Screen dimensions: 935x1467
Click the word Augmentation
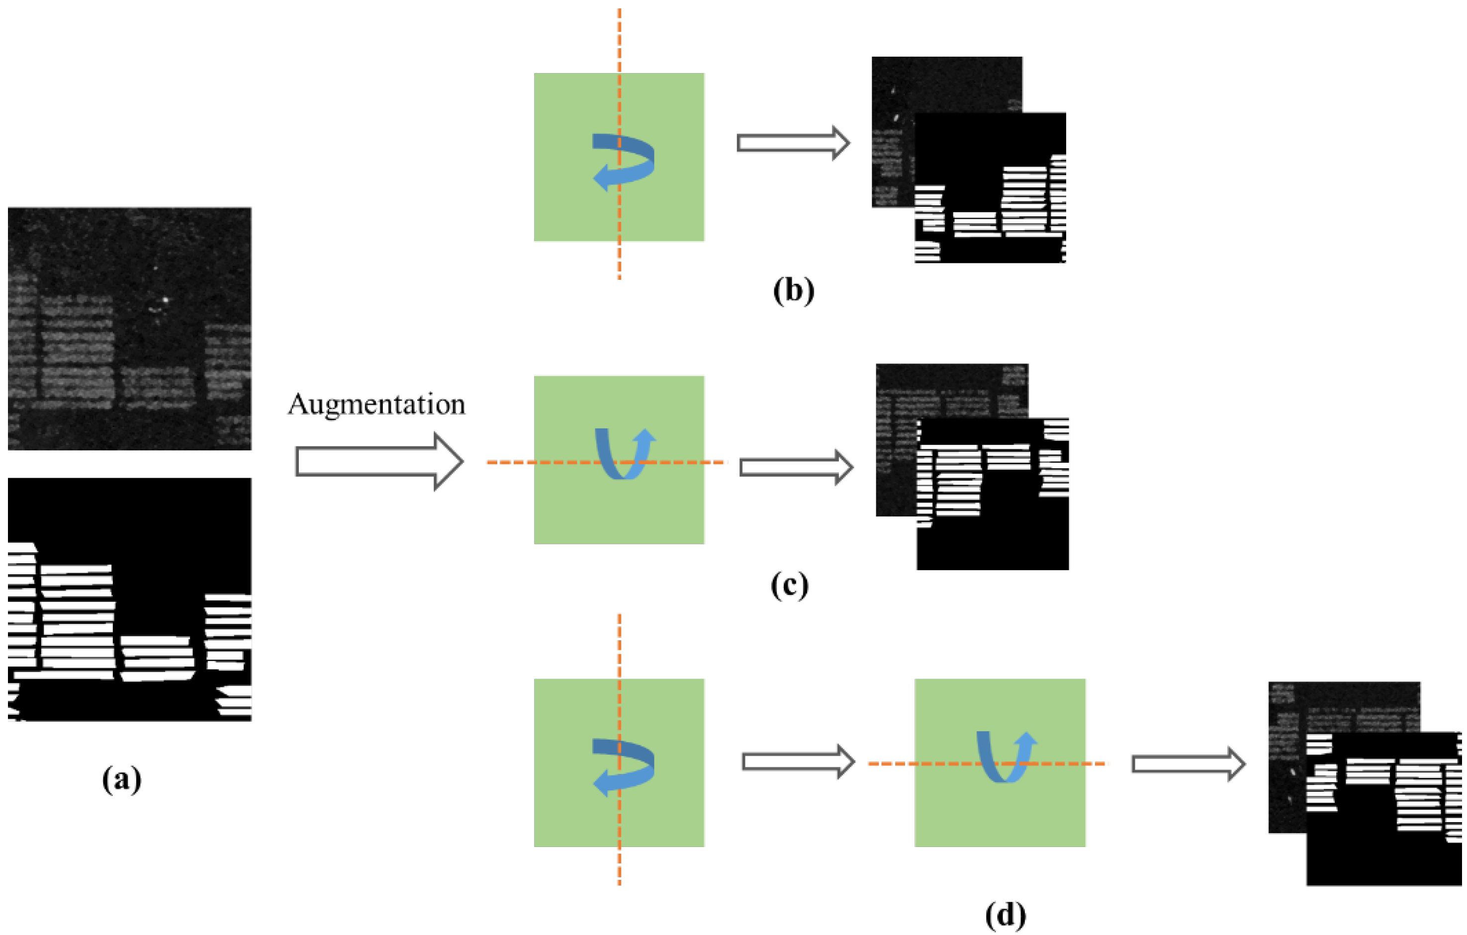(x=376, y=405)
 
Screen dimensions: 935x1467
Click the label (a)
(x=122, y=779)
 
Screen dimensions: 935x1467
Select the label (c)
(x=790, y=586)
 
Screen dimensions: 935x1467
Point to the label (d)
(x=1005, y=915)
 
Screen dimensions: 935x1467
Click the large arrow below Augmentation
(x=379, y=461)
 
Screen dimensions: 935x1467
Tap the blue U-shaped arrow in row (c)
(x=625, y=454)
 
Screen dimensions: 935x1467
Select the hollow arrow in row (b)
(x=793, y=143)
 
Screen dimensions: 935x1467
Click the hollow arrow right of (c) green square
(x=796, y=467)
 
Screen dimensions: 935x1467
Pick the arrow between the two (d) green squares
(x=798, y=762)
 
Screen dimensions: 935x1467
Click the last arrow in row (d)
(x=1188, y=764)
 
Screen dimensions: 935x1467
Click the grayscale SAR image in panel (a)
(x=129, y=329)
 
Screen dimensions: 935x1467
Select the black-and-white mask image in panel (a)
(x=129, y=599)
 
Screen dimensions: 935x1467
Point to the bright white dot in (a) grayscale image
(x=165, y=300)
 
